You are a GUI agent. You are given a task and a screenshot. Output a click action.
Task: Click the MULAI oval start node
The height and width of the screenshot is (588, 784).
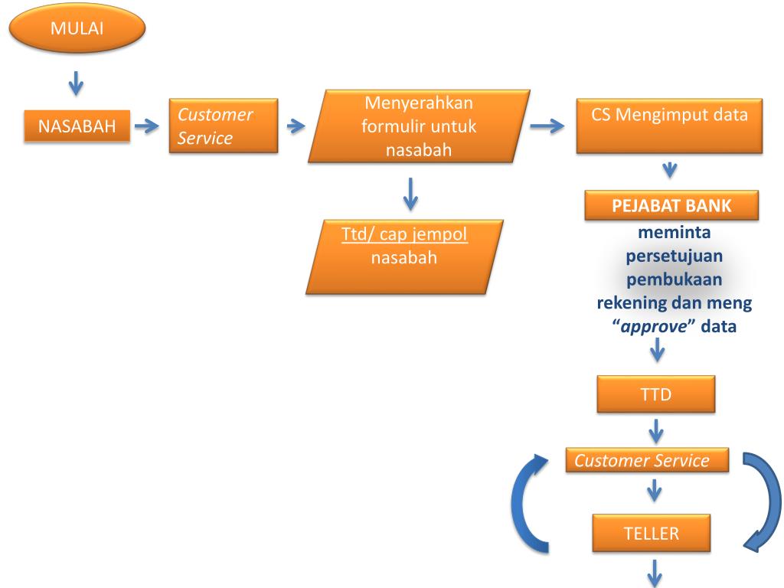[76, 29]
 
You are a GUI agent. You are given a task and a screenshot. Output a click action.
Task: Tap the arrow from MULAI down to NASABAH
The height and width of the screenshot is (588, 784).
[76, 83]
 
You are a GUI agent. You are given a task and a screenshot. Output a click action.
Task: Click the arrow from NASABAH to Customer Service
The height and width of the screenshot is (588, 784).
[145, 127]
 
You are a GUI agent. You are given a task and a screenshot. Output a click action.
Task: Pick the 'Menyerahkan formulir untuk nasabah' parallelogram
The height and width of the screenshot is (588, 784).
[419, 126]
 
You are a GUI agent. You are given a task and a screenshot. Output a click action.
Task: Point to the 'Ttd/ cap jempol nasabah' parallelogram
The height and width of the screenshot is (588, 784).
[403, 256]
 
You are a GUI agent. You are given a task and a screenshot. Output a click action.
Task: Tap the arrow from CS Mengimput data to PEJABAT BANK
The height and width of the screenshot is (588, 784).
[669, 170]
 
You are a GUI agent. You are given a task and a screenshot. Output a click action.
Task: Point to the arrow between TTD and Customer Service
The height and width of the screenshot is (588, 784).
[656, 432]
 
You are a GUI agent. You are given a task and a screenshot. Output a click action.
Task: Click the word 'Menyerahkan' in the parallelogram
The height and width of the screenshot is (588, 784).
[419, 103]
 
